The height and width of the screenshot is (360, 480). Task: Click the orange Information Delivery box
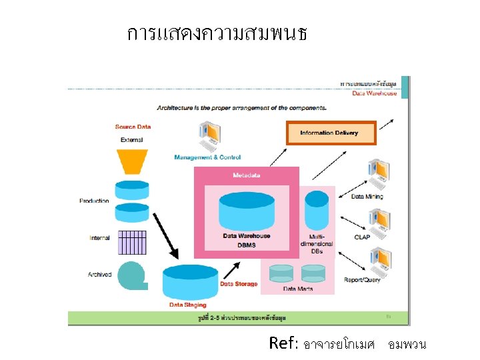point(331,133)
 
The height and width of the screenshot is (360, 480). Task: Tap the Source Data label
point(133,127)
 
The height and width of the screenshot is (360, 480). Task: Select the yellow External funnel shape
point(132,161)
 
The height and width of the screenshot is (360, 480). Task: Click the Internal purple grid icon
point(132,243)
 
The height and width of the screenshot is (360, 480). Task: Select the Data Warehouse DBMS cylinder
point(246,210)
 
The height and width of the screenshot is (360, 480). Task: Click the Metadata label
point(247,175)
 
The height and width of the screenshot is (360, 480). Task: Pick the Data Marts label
point(298,289)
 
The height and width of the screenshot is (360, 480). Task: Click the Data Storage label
point(239,284)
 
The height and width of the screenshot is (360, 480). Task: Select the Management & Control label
point(207,157)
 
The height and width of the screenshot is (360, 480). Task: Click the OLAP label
point(362,237)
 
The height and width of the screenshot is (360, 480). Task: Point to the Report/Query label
point(362,279)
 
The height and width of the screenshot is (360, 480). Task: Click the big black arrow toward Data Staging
point(165,235)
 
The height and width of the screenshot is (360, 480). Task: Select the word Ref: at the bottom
point(283,343)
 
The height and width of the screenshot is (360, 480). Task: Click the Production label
point(94,201)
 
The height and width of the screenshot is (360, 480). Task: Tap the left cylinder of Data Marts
point(281,273)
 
